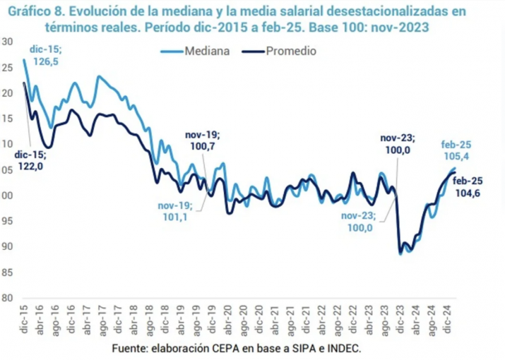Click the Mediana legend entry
(205, 52)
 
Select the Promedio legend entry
(290, 52)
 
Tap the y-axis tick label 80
(6, 297)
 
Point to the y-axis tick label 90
(6, 246)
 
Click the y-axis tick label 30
(6, 42)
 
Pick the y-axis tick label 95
(6, 221)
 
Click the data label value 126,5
(46, 61)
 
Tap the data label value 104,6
(467, 193)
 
